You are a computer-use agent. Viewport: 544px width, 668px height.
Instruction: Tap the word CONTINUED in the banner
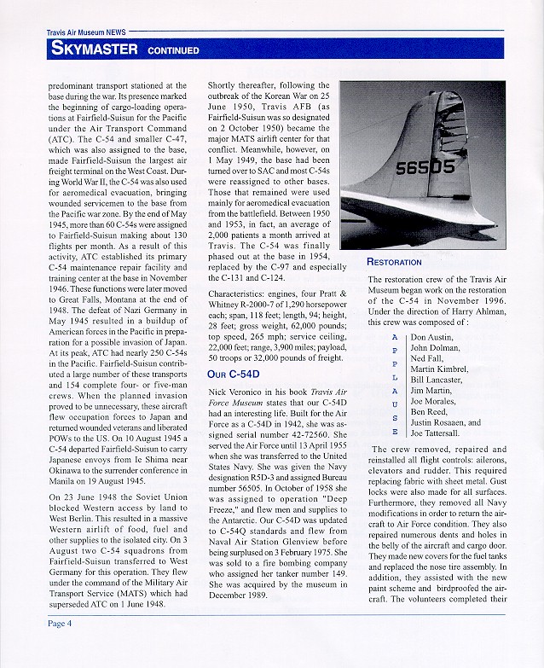173,50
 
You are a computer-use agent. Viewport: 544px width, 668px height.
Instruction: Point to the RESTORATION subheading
394,262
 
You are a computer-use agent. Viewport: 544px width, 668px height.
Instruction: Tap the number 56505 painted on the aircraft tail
425,168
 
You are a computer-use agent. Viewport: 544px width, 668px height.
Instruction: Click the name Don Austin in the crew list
434,337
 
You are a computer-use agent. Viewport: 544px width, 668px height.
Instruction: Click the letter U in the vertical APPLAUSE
394,404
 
